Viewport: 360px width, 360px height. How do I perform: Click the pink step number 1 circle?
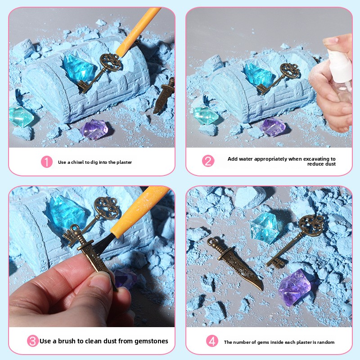click(x=47, y=162)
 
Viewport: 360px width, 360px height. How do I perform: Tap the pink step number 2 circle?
click(x=208, y=161)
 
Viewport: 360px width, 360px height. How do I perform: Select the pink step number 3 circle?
click(x=32, y=341)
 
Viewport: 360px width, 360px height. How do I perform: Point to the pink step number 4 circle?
click(x=212, y=341)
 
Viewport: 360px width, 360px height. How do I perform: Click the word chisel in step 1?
click(x=77, y=162)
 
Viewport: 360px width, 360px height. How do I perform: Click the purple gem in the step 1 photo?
click(x=94, y=129)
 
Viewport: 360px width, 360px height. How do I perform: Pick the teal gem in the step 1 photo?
click(x=21, y=117)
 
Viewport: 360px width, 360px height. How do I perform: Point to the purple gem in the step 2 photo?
click(x=273, y=127)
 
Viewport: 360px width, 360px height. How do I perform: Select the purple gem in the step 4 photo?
click(x=295, y=287)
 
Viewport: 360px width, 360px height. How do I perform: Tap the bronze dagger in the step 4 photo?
click(x=235, y=264)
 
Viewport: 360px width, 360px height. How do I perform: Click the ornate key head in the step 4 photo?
click(x=311, y=225)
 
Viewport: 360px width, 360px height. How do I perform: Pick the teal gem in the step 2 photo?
click(x=205, y=116)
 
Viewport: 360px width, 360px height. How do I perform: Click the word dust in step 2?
click(x=330, y=164)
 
